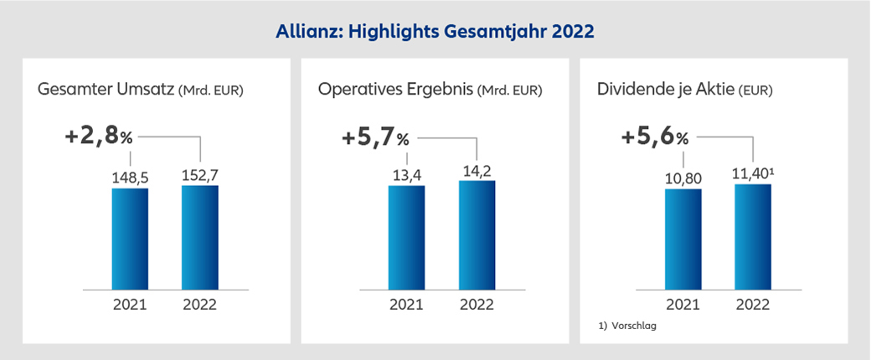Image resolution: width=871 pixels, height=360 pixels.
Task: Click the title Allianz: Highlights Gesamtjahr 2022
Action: tap(435, 32)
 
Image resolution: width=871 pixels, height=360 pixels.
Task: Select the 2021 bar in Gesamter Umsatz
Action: tap(130, 239)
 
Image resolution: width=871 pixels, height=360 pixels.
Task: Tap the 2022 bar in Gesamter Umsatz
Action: tap(200, 237)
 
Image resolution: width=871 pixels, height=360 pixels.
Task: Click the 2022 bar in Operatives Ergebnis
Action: tap(477, 235)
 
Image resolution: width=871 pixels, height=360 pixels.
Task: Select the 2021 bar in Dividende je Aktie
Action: tap(683, 239)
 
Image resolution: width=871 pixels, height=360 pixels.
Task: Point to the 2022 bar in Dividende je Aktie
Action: tap(753, 237)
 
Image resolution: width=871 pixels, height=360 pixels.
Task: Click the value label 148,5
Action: tap(130, 177)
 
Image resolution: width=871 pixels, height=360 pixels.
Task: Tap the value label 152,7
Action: tap(200, 173)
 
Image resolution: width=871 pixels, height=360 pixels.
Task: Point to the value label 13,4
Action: tap(406, 174)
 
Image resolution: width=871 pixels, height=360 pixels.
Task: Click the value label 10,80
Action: tap(683, 177)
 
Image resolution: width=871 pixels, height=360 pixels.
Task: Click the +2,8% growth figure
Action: tap(99, 136)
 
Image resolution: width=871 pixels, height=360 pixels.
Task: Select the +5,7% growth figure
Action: tap(375, 136)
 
